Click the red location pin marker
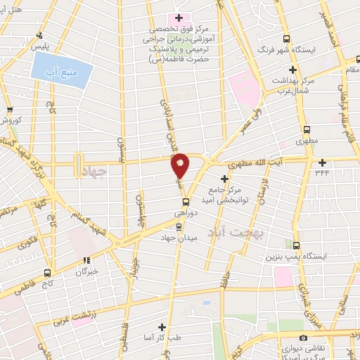181,165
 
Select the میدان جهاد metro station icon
178,226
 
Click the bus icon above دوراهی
186,200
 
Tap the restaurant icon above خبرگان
86,260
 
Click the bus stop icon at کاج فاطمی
47,272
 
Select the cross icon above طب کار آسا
162,327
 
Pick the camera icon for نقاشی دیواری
303,338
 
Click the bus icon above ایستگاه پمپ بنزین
297,246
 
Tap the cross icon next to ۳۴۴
342,162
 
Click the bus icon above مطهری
307,130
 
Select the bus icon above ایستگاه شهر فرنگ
286,39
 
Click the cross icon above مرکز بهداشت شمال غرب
292,71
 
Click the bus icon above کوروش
10,109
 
